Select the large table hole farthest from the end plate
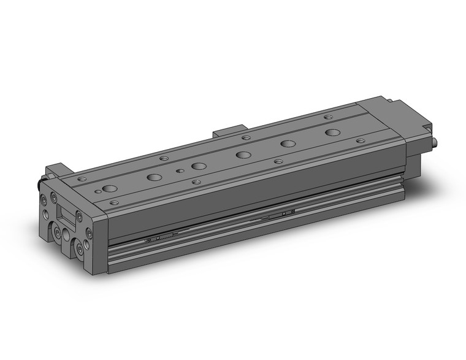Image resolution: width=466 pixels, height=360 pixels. click(x=332, y=132)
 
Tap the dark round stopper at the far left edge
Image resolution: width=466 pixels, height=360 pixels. click(x=39, y=183)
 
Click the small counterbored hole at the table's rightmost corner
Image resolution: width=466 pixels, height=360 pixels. click(x=361, y=140)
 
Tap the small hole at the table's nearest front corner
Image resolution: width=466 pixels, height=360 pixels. click(x=114, y=201)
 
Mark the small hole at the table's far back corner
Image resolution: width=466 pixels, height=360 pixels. click(x=328, y=117)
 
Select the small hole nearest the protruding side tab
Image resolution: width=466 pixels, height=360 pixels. click(x=245, y=137)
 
